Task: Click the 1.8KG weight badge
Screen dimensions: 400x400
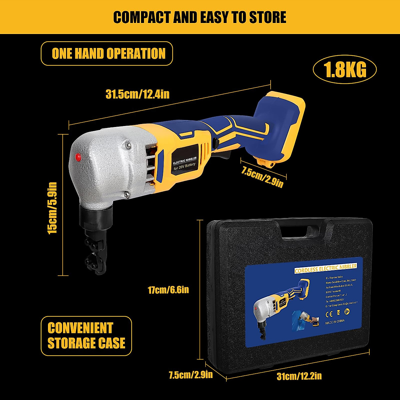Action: pyautogui.click(x=345, y=70)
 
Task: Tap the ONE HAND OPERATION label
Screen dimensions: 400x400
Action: pyautogui.click(x=109, y=54)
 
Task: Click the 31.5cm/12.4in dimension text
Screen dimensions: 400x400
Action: pyautogui.click(x=137, y=94)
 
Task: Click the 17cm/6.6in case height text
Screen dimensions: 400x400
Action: pyautogui.click(x=168, y=290)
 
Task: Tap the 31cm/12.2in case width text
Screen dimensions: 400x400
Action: pyautogui.click(x=299, y=376)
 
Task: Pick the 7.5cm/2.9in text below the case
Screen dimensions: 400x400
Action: pyautogui.click(x=191, y=375)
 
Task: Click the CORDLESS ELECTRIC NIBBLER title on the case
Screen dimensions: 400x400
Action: pyautogui.click(x=325, y=268)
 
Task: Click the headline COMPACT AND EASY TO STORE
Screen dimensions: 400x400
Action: pyautogui.click(x=200, y=17)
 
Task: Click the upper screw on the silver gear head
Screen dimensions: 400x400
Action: pyautogui.click(x=128, y=144)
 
